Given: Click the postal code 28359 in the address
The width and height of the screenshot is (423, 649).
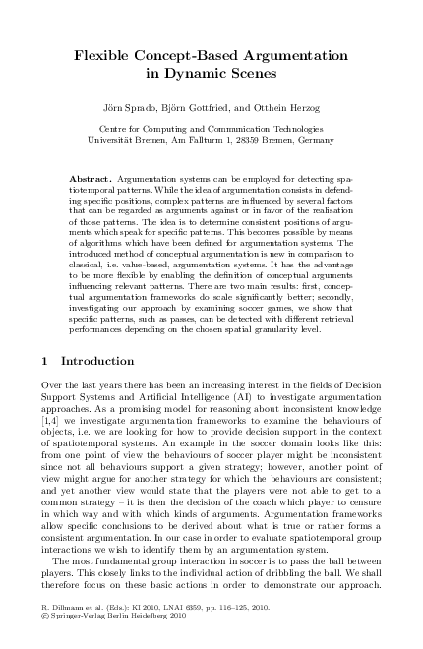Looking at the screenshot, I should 254,141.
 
